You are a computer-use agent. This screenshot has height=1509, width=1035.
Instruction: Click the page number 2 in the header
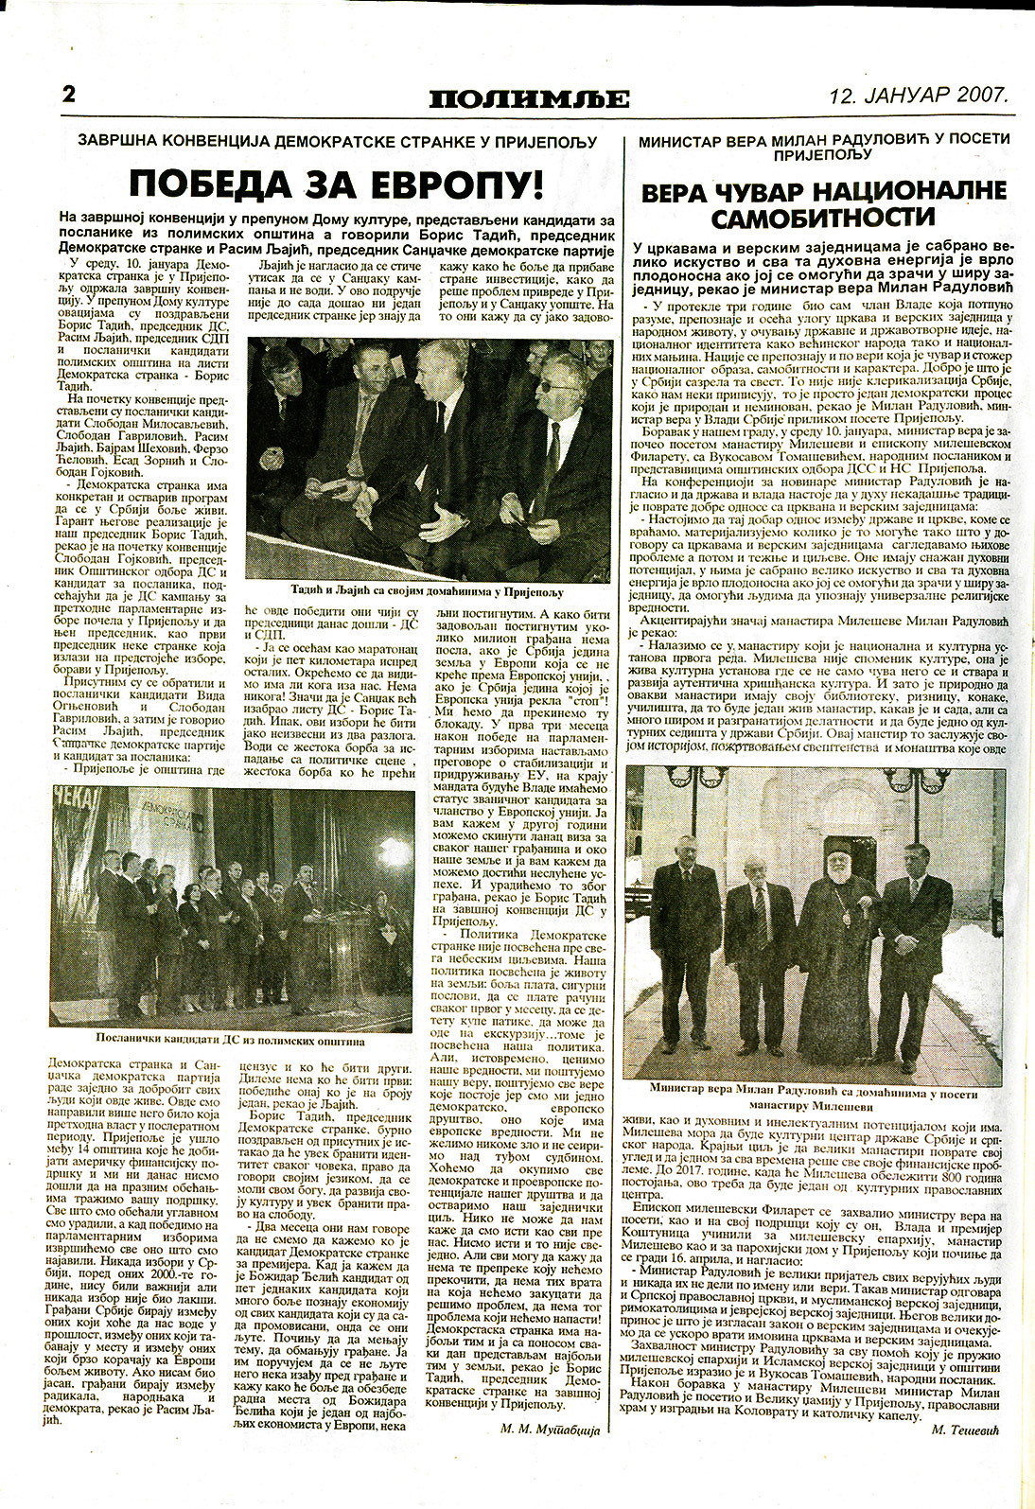(68, 95)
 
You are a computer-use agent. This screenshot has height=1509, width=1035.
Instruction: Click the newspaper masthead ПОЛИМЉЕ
(528, 97)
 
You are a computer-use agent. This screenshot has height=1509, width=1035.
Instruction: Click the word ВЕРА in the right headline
(682, 192)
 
